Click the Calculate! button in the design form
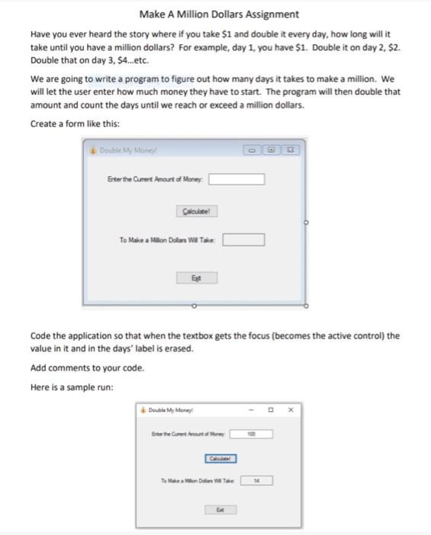196,211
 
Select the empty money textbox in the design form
237,180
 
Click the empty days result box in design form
243,240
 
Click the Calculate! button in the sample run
220,458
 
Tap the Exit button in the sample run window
219,508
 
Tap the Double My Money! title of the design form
127,151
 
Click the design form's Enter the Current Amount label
156,180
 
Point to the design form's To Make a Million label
167,240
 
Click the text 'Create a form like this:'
75,124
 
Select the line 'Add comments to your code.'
87,368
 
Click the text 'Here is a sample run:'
72,387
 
